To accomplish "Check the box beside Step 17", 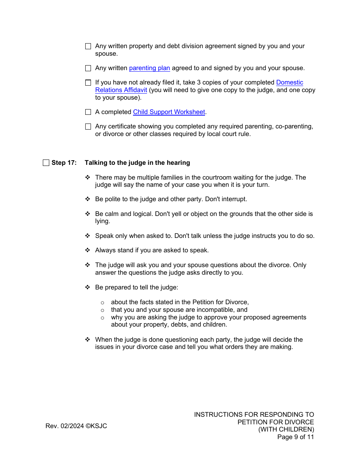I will click(x=46, y=163).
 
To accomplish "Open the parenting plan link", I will click(x=149, y=68).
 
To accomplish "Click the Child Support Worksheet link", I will click(x=169, y=112).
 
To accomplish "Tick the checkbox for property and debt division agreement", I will click(x=88, y=46).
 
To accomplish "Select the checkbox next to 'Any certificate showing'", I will click(x=88, y=127).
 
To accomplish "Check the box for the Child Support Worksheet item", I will click(x=88, y=112).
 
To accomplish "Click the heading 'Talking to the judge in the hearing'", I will click(x=137, y=163).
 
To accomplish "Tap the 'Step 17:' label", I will click(x=64, y=163).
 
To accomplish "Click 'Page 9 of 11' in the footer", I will click(x=296, y=437).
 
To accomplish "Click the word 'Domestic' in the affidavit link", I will click(x=290, y=83).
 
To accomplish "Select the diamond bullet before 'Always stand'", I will click(x=88, y=250).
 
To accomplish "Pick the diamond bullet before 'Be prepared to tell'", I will click(x=88, y=287).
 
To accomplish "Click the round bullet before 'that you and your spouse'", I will click(x=102, y=310).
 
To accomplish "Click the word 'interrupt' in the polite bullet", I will click(x=233, y=199).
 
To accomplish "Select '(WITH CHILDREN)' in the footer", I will click(x=286, y=430).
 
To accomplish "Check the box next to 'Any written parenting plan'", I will click(x=88, y=68).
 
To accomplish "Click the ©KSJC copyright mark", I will click(x=96, y=426).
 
